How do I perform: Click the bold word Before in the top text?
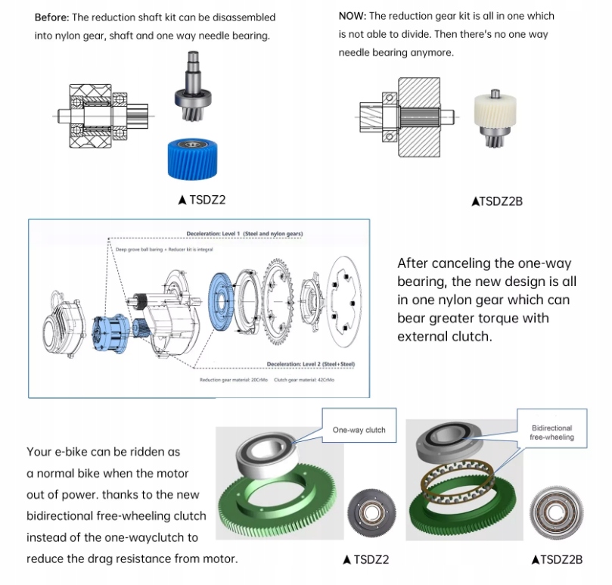pyautogui.click(x=51, y=17)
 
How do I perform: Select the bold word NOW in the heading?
pyautogui.click(x=352, y=15)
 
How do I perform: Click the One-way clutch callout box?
pyautogui.click(x=359, y=430)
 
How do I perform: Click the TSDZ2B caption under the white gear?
pyautogui.click(x=496, y=201)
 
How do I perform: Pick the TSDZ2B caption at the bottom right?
pyautogui.click(x=557, y=560)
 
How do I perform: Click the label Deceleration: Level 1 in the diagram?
pyautogui.click(x=244, y=234)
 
